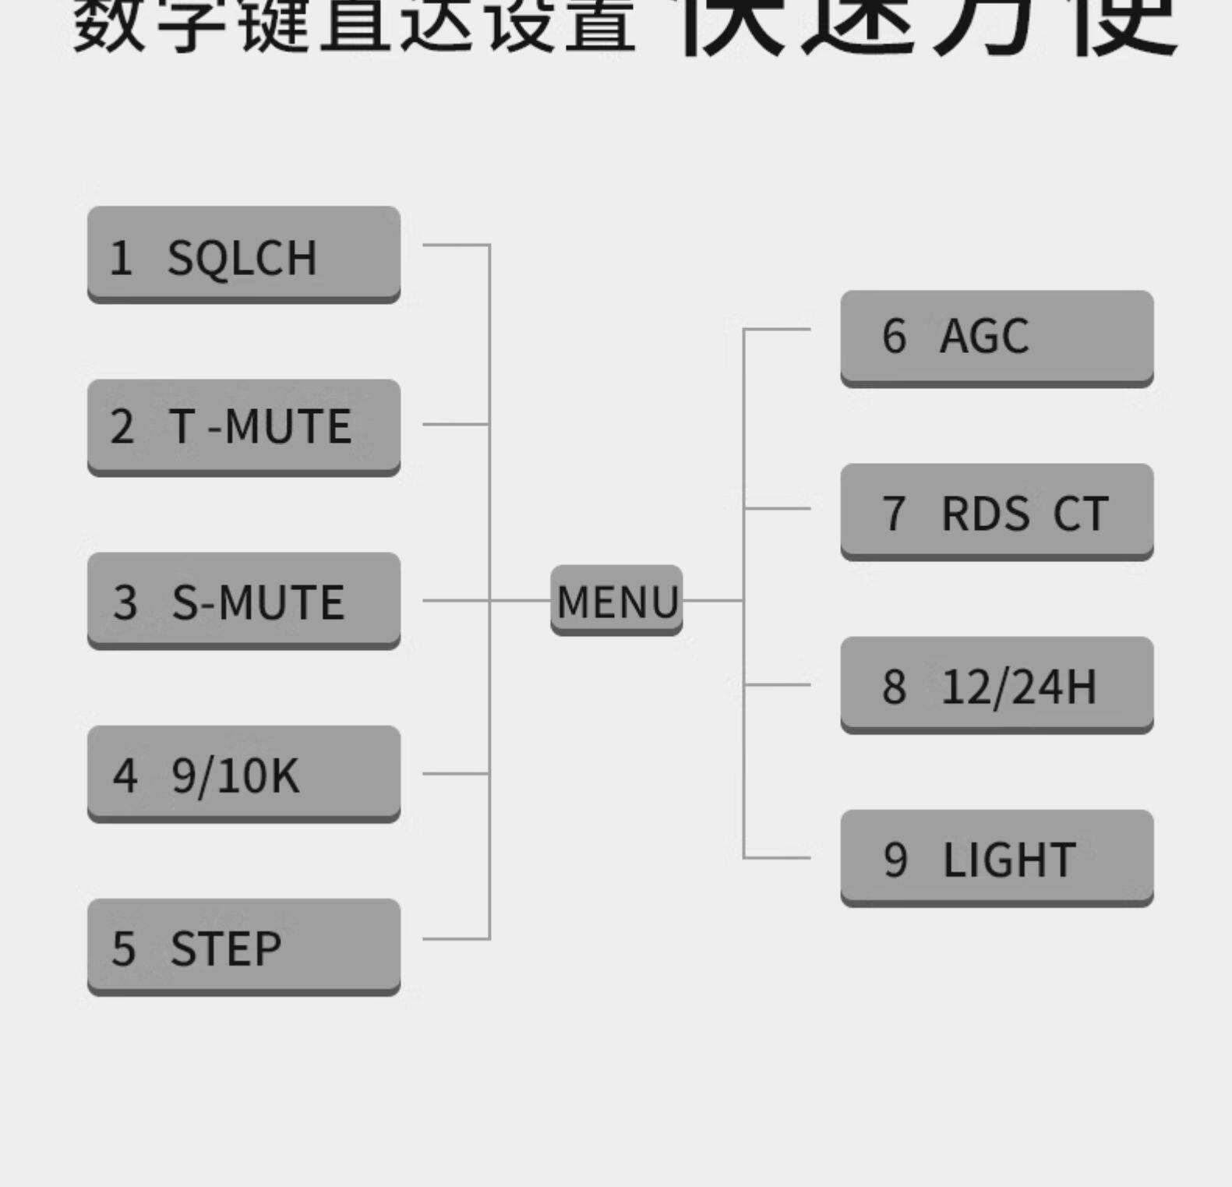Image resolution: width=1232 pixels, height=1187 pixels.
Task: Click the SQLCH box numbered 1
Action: tap(243, 254)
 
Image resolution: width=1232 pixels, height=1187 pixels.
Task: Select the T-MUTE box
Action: tap(243, 426)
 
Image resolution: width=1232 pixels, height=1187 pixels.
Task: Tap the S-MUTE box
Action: tap(243, 600)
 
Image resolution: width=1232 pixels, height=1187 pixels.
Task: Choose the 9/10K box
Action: tap(243, 773)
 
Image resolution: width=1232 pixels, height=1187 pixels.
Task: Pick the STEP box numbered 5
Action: tap(243, 946)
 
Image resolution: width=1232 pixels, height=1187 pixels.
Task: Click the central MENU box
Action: tap(616, 600)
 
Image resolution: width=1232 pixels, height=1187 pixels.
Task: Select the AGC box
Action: tap(996, 337)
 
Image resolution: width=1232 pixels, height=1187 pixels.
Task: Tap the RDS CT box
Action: tap(996, 511)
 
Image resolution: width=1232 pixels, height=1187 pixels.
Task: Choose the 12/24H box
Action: tap(996, 684)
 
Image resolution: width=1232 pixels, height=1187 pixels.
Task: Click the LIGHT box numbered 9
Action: tap(996, 857)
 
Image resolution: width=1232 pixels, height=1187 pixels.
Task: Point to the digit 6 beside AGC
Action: tap(894, 337)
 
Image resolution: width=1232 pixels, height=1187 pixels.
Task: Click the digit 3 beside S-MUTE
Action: tap(125, 602)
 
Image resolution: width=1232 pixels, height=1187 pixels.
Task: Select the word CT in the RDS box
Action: tap(1080, 514)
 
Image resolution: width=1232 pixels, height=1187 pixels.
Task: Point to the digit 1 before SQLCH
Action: tap(121, 258)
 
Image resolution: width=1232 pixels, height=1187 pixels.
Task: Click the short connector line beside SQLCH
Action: tap(456, 245)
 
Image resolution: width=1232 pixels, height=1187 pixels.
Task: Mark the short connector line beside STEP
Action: tap(456, 938)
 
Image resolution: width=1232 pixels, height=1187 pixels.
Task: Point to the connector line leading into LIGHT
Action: tap(777, 857)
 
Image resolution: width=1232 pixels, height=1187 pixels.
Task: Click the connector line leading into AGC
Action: tap(777, 329)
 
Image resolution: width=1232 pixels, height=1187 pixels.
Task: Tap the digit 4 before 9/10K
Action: tap(125, 776)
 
